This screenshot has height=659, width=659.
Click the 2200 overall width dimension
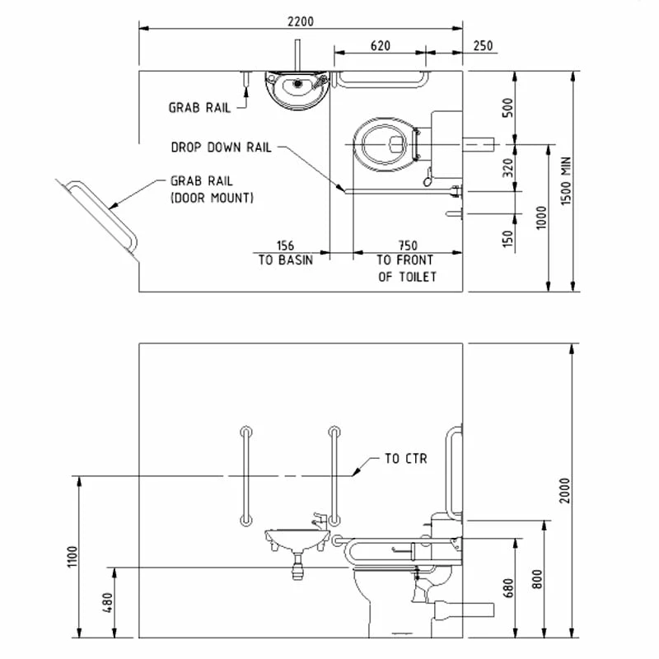[301, 19]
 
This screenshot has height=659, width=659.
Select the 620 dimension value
[380, 46]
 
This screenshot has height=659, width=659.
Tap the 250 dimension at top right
[484, 46]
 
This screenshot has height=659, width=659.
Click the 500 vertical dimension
[508, 107]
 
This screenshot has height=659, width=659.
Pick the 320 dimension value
[508, 169]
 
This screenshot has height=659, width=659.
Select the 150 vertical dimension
[508, 238]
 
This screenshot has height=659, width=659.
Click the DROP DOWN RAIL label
[221, 147]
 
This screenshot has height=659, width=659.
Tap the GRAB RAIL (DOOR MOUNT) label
[212, 189]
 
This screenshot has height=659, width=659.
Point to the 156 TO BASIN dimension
[285, 253]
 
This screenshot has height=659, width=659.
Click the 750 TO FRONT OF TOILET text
[407, 261]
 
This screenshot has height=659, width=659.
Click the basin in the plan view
[297, 89]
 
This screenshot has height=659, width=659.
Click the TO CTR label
[406, 458]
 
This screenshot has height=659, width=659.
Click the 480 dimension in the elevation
[105, 603]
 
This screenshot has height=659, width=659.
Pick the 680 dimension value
[508, 587]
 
